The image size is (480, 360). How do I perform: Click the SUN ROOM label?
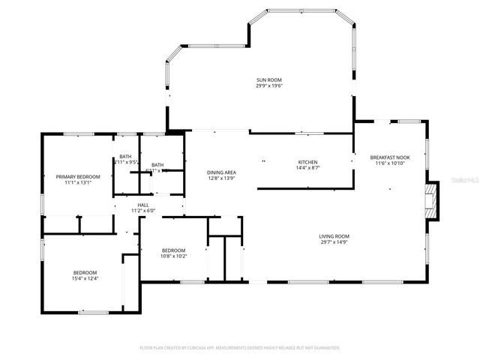268,80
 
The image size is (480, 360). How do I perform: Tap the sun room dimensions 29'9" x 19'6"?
268,86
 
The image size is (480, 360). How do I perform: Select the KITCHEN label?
307,162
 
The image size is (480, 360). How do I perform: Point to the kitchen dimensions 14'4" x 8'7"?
307,168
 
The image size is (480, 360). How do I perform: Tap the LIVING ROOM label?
334,236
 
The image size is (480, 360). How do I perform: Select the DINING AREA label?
221,172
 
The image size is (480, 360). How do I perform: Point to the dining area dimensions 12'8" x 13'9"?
221,178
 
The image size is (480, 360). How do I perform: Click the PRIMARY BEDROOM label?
78,176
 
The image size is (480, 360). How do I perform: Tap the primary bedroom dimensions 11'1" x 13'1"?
78,182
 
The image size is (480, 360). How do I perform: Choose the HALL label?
142,205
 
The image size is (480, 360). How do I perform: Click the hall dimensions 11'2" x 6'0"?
142,211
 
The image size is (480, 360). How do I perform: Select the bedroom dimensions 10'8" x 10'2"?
174,256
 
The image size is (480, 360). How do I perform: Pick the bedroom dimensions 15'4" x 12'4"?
85,278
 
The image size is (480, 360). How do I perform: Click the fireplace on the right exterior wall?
430,201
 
